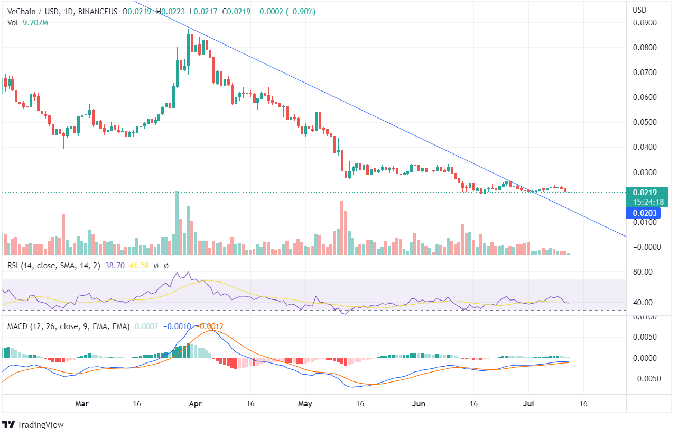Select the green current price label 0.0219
tap(645, 193)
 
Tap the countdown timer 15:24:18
tap(645, 202)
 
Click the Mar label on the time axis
tap(82, 404)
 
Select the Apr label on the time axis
tap(195, 404)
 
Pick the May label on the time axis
tap(305, 404)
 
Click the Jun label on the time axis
tap(419, 404)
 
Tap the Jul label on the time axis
tap(528, 404)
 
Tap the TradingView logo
tap(34, 425)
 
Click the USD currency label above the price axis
tap(640, 10)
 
